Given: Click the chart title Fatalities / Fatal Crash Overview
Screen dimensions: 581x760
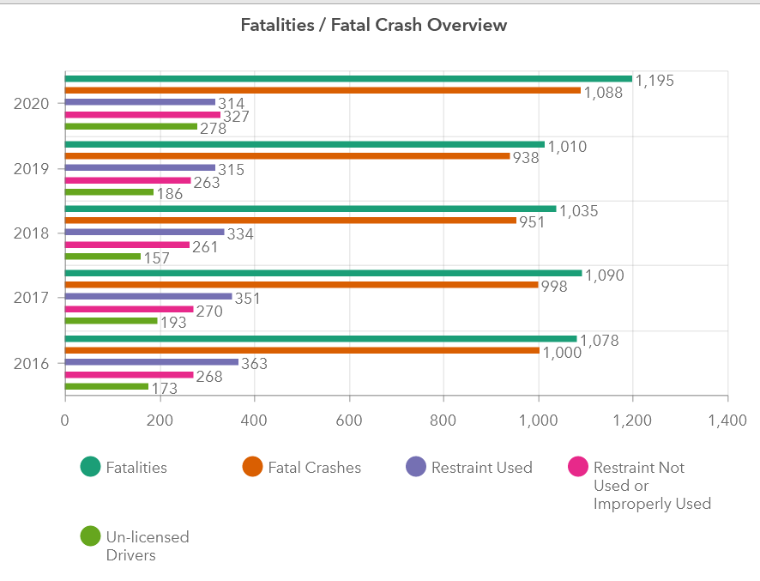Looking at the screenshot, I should [x=374, y=25].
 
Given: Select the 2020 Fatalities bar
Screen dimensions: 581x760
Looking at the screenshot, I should [x=348, y=79].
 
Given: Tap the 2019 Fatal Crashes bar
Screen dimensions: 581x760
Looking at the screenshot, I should [x=287, y=156].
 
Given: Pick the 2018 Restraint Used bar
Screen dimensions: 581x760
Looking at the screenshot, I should [x=144, y=232].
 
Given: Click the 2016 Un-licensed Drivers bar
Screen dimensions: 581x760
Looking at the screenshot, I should [x=106, y=386].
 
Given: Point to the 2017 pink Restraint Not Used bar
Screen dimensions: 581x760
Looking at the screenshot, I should [x=129, y=309].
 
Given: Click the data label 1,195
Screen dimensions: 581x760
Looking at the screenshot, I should [x=654, y=81].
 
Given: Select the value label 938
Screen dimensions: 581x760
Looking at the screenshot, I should [x=526, y=158].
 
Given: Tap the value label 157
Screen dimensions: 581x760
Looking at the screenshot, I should [x=156, y=258].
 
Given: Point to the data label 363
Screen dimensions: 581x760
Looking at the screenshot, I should [x=255, y=364].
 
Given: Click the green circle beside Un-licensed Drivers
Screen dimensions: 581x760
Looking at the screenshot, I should [x=90, y=536].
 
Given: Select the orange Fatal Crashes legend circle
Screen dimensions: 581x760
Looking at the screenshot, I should [x=252, y=467].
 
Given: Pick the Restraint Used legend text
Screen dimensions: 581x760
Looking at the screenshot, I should [x=482, y=468].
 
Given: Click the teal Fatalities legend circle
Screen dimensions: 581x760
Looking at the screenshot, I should [x=90, y=467].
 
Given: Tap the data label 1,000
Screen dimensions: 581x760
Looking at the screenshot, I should [x=563, y=353].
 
